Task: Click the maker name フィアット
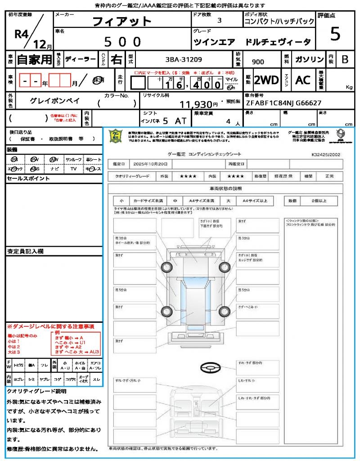(122, 21)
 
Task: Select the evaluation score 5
(335, 34)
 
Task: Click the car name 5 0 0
(122, 42)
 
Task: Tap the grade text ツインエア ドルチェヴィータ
(252, 42)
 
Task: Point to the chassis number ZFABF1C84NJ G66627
(283, 103)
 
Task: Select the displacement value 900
(258, 62)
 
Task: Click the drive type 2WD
(266, 80)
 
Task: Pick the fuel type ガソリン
(309, 60)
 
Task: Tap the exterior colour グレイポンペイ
(55, 101)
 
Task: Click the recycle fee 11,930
(196, 105)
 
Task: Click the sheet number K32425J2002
(326, 154)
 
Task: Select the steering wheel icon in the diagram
(209, 368)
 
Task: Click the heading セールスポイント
(28, 179)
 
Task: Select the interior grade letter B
(344, 59)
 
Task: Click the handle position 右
(116, 59)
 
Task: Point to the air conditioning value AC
(303, 80)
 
